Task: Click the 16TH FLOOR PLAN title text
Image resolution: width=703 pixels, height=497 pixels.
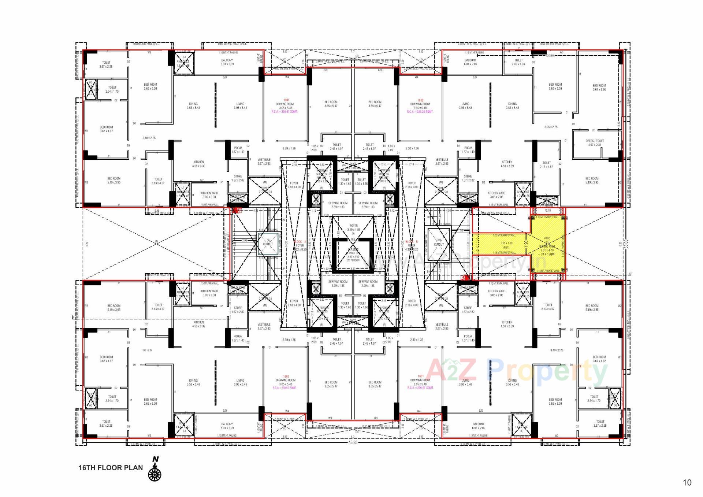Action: coord(110,468)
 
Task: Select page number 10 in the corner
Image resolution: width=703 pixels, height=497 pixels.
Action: coord(687,482)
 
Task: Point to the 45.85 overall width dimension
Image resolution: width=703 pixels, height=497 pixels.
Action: coord(353,442)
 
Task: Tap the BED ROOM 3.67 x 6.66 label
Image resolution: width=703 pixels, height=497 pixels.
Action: coord(599,87)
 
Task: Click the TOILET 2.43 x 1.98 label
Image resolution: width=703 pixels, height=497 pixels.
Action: coord(518,62)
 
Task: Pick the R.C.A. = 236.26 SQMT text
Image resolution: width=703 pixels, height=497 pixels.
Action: coord(420,112)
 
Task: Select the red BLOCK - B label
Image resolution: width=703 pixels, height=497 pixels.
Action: coord(412,242)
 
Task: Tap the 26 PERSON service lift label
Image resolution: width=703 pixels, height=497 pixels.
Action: coord(353,260)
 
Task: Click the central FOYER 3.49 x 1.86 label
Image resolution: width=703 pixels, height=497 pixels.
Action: coord(353,228)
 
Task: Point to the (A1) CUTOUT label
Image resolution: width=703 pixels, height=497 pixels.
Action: coord(439,242)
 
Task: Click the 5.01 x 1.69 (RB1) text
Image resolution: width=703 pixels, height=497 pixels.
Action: coord(506,245)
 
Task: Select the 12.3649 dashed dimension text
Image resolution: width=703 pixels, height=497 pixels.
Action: coord(550,56)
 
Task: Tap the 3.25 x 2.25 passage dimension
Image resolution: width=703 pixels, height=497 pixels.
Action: coord(551,127)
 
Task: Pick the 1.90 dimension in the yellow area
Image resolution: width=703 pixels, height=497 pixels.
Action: coord(526,243)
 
